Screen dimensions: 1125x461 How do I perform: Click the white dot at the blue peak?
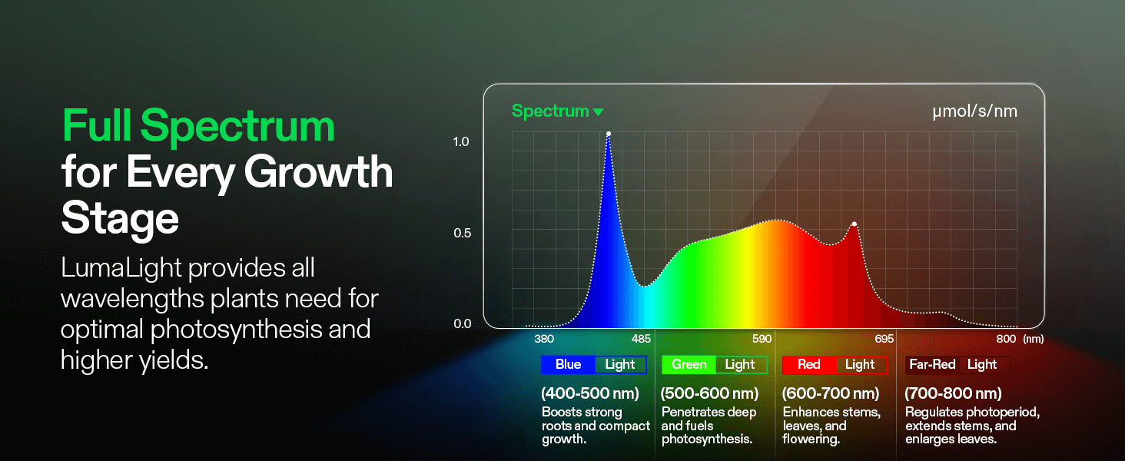[608, 134]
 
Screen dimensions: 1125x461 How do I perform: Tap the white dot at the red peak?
[855, 224]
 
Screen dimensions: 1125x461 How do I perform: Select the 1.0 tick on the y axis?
[461, 141]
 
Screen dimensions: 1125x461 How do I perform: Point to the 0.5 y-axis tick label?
[462, 233]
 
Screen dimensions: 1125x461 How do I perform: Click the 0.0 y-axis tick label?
[463, 324]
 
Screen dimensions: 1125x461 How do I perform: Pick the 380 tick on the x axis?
[544, 339]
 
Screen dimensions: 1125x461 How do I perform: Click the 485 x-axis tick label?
[641, 339]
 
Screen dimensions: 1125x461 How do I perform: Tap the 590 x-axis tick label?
[762, 339]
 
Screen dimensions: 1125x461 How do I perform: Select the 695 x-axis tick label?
[884, 339]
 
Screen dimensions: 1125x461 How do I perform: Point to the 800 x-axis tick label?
[1006, 339]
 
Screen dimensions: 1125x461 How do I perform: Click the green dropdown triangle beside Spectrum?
[598, 112]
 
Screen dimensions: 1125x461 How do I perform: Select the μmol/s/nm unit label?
[975, 111]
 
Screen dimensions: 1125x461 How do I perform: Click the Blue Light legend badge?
[594, 365]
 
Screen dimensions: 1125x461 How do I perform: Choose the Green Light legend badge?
[714, 365]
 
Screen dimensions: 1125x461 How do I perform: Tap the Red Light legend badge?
[835, 365]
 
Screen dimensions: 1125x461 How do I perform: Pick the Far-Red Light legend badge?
[957, 365]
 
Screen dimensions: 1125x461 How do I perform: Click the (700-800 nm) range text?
[953, 393]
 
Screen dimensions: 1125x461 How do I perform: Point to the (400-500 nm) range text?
[590, 393]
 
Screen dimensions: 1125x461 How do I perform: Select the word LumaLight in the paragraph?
[121, 267]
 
